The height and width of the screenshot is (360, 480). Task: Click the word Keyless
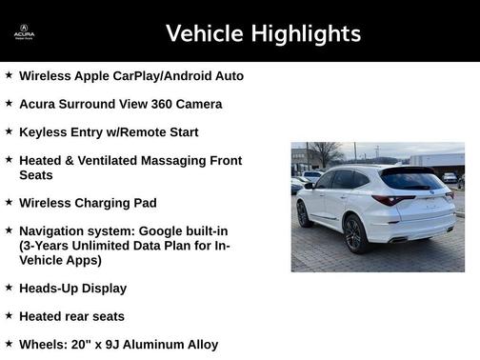tap(44, 132)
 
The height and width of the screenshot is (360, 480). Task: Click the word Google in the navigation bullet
tap(165, 231)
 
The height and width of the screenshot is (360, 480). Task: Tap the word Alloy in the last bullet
tap(199, 345)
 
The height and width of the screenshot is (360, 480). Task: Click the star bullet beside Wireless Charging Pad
tap(9, 203)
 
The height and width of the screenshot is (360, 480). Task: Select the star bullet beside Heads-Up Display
tap(9, 288)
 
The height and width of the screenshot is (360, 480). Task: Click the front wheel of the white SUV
tap(303, 214)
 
